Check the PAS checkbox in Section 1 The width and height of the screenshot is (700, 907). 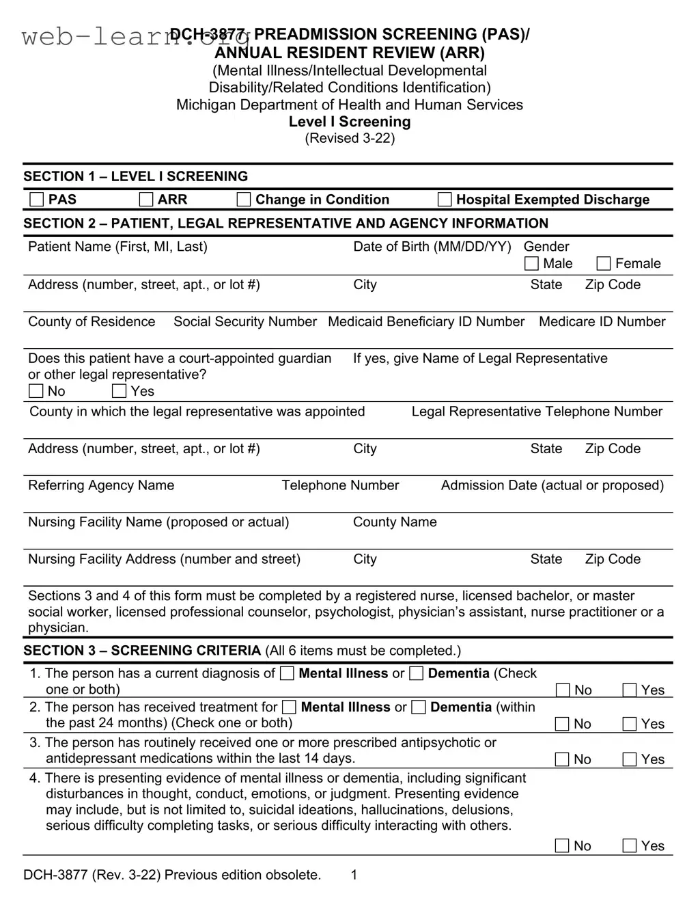(x=36, y=200)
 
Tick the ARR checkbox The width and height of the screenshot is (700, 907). (x=146, y=200)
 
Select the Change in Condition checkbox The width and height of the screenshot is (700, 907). (x=244, y=200)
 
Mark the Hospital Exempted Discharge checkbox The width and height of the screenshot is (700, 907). (x=445, y=200)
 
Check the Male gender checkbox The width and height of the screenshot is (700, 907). (x=531, y=264)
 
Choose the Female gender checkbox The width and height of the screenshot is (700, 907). (x=604, y=264)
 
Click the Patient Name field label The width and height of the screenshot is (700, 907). (x=117, y=247)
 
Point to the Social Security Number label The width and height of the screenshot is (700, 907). (x=245, y=322)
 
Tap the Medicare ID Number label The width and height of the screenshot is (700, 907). (x=602, y=322)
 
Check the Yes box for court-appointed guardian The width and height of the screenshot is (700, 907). (x=120, y=392)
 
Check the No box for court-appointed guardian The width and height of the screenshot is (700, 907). (x=36, y=392)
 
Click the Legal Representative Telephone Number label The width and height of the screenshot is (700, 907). (x=537, y=411)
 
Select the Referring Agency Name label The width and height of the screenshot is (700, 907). (x=101, y=485)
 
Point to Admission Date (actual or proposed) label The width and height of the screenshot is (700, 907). (x=552, y=485)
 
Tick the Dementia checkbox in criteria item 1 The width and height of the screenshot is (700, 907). (x=417, y=674)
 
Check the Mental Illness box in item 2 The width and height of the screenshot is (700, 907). (x=290, y=707)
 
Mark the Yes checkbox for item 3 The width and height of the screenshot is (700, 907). (x=630, y=759)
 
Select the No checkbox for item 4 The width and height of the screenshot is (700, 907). (x=562, y=846)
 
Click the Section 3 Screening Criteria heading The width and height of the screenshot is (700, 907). (x=142, y=651)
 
